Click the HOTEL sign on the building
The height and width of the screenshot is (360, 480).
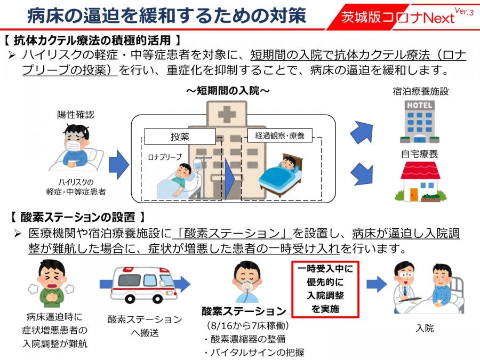420,106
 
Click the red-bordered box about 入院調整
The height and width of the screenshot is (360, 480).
325,289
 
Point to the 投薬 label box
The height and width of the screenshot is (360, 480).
180,137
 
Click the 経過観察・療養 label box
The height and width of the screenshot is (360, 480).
279,136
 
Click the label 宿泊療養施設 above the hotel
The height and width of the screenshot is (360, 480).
420,91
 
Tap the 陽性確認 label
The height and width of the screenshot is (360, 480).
76,114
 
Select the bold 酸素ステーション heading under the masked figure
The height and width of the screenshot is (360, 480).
244,311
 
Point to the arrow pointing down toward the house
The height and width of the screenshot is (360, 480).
362,174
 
